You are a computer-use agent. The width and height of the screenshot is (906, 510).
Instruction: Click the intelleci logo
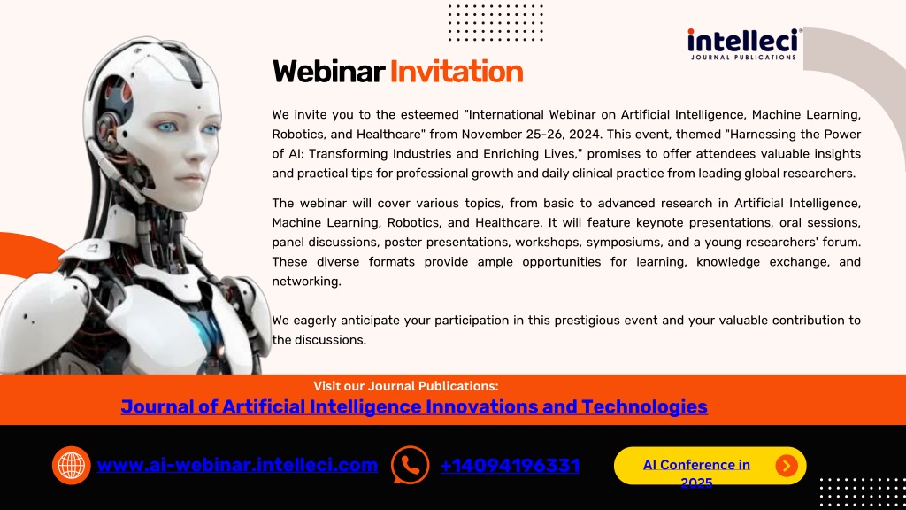pos(744,44)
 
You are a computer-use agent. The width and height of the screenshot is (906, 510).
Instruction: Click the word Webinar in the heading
pos(328,72)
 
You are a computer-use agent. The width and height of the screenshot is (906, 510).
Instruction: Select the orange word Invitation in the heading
pos(457,72)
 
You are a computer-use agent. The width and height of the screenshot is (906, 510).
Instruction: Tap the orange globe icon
pos(71,465)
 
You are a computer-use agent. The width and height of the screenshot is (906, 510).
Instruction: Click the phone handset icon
pos(410,465)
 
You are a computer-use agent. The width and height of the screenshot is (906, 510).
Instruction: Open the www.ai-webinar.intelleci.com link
pos(237,465)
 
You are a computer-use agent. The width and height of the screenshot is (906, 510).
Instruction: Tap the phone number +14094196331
pos(510,466)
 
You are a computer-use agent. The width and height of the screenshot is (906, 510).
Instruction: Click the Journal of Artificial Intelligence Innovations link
pos(414,406)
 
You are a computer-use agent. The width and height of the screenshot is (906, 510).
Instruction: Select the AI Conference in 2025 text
pos(696,473)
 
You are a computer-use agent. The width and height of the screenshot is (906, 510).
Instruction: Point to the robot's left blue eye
pos(167,127)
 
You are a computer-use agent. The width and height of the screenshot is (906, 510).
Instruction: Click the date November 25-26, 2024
pos(532,135)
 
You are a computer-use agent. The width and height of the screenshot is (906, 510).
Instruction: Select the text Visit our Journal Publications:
pos(405,386)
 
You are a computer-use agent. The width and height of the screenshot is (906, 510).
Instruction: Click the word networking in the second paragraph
pos(305,281)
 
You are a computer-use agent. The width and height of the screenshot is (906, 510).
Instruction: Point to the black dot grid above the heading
pos(495,22)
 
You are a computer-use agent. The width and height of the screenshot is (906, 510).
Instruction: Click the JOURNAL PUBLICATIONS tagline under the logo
pos(743,58)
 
